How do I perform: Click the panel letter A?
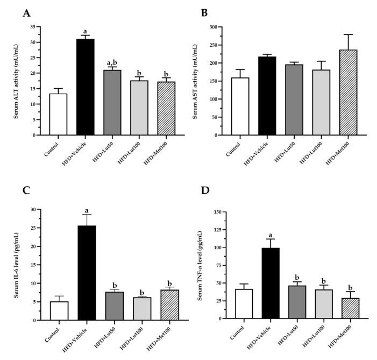[26, 13]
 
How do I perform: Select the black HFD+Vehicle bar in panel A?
[85, 87]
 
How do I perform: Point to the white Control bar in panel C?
[58, 310]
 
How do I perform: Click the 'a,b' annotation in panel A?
[111, 62]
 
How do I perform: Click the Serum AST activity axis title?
[204, 81]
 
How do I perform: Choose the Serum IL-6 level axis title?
[22, 265]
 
